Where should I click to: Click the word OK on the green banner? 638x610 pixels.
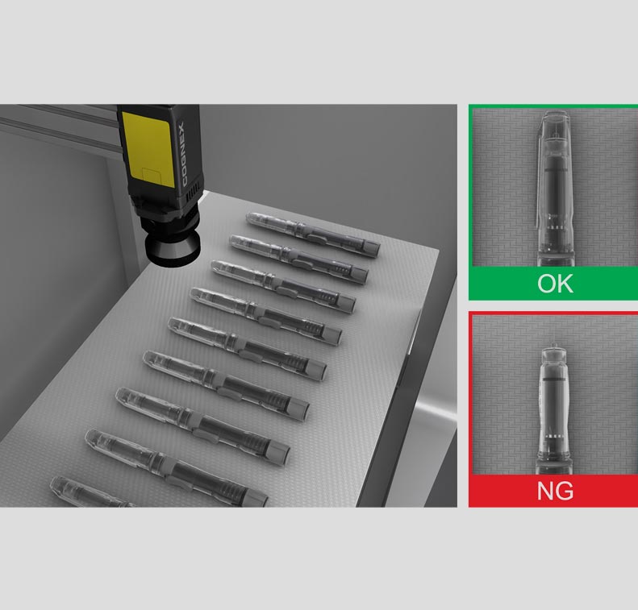[x=555, y=284]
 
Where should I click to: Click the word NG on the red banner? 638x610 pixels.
[x=555, y=491]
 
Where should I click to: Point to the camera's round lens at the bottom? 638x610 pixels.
[x=172, y=248]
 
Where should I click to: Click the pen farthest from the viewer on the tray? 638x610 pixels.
[x=313, y=234]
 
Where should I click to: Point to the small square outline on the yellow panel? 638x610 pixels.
[x=152, y=177]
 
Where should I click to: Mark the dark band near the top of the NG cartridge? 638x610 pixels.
[x=554, y=379]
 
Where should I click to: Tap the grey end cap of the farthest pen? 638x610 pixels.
[x=373, y=248]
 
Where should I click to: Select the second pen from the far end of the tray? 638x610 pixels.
[x=299, y=259]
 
